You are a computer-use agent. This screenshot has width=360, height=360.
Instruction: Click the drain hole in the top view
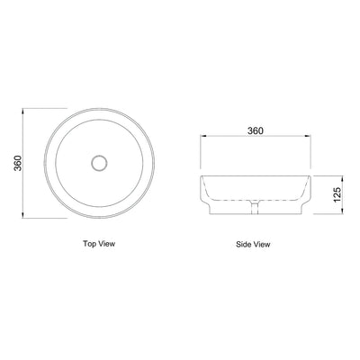pos(99,163)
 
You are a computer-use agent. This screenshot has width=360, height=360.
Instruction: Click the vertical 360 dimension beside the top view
pos(14,163)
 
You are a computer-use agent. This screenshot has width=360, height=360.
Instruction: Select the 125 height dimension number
pos(337,193)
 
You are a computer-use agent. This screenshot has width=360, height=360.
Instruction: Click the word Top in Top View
pos(90,243)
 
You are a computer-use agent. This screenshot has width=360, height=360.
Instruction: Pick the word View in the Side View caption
pos(262,243)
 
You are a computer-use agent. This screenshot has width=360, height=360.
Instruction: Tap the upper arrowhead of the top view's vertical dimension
pos(23,110)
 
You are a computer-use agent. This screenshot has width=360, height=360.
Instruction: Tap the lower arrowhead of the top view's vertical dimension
pos(23,216)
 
